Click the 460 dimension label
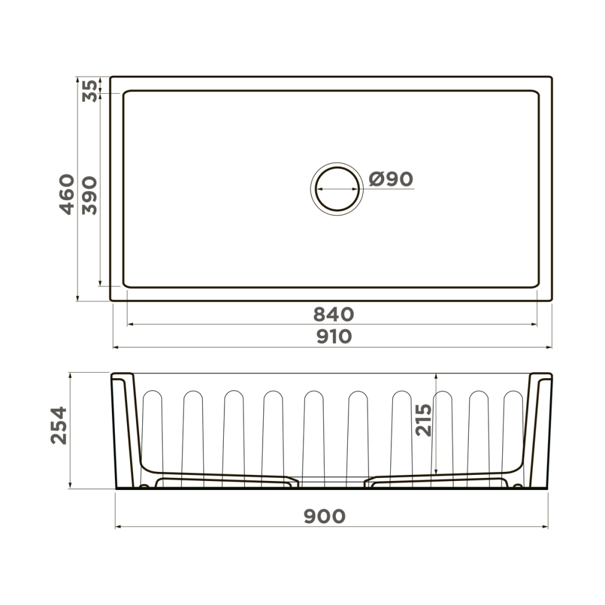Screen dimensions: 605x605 (67, 194)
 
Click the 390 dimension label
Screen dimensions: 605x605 (90, 195)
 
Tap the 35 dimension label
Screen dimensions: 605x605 (90, 91)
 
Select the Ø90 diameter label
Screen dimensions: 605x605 (391, 179)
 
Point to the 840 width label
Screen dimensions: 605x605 (333, 315)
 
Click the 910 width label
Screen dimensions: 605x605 (334, 336)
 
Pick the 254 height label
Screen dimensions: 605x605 (59, 425)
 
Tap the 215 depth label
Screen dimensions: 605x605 (423, 420)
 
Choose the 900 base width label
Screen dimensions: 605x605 (324, 516)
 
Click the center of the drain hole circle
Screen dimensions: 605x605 (337, 189)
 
